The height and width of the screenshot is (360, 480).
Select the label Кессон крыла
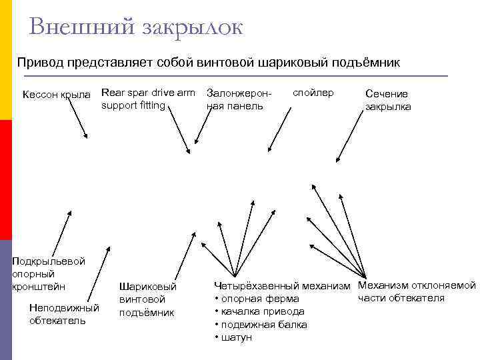pyautogui.click(x=56, y=94)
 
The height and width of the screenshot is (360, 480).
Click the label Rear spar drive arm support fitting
pyautogui.click(x=148, y=99)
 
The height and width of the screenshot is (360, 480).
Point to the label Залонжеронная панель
pyautogui.click(x=235, y=99)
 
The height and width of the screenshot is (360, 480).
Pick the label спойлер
pyautogui.click(x=313, y=92)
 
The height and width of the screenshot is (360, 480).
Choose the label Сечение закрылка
pyautogui.click(x=388, y=100)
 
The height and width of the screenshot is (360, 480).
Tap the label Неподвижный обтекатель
pyautogui.click(x=64, y=313)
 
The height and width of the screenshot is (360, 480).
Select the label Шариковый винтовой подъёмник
pyautogui.click(x=147, y=299)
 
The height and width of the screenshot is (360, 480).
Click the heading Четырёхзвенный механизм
pyautogui.click(x=281, y=286)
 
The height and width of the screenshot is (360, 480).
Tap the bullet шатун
pyautogui.click(x=236, y=337)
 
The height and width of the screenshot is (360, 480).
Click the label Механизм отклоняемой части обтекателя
pyautogui.click(x=417, y=292)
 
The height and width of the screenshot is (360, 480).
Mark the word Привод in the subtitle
pyautogui.click(x=39, y=63)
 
